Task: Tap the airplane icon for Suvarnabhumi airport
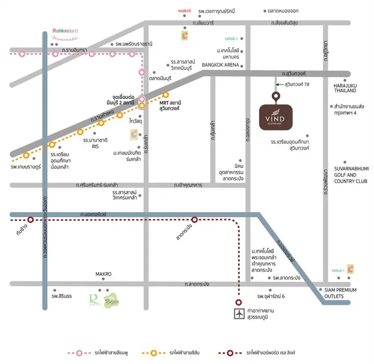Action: pos(238,314)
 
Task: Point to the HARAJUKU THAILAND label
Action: pos(345,88)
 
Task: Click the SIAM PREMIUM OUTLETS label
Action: pos(340,293)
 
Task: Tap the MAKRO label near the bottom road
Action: pos(103,274)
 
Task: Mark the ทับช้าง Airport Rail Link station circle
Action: pos(31,220)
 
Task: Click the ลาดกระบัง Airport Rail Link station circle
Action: pos(195,220)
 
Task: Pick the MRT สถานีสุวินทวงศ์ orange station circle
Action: pos(165,95)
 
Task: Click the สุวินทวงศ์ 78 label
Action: pos(296,84)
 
